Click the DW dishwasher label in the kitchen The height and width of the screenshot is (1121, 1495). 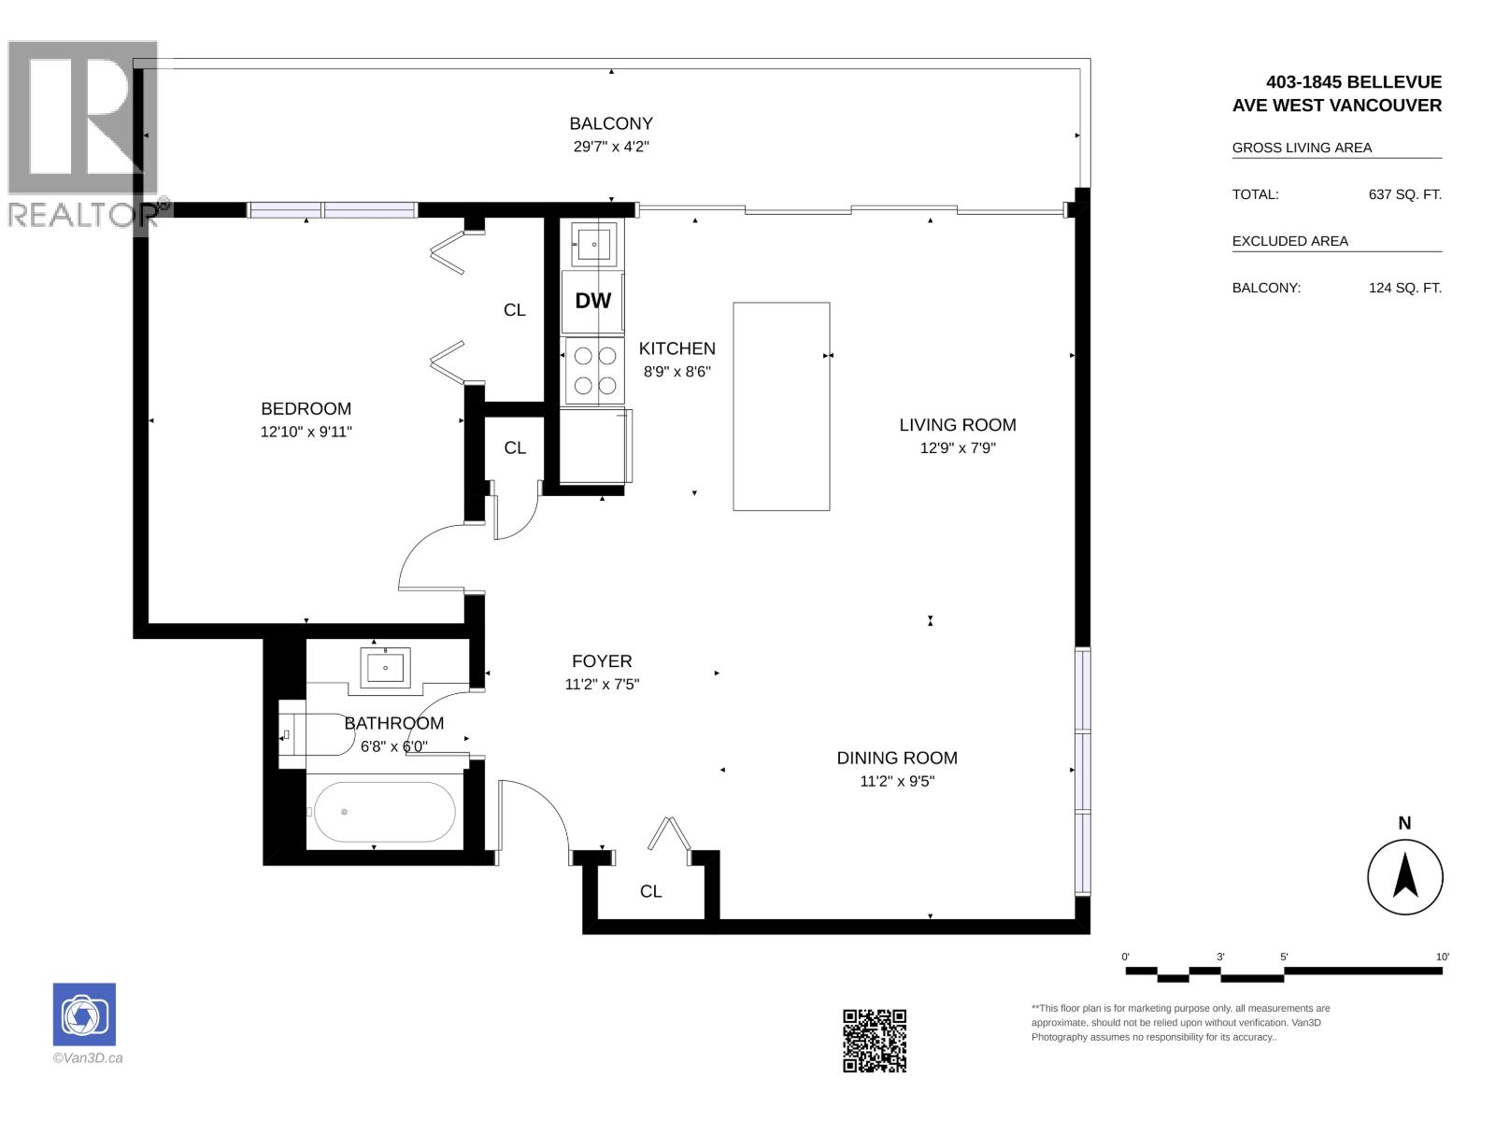click(x=592, y=301)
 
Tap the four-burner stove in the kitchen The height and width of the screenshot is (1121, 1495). click(x=594, y=371)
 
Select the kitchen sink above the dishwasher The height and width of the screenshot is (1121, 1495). click(x=594, y=244)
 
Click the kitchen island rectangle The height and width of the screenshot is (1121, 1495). click(x=781, y=406)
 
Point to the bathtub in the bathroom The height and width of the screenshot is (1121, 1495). click(x=385, y=811)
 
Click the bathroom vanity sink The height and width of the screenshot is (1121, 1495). click(x=386, y=668)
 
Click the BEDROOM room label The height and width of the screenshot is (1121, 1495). click(x=306, y=408)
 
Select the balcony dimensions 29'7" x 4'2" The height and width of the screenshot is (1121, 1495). click(x=611, y=147)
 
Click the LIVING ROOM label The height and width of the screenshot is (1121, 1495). click(x=958, y=425)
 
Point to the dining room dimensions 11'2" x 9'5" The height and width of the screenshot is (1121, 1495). click(x=897, y=781)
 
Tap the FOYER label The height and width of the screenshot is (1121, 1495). click(x=602, y=660)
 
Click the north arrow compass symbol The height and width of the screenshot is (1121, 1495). click(x=1405, y=876)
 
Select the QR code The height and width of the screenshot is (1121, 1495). click(x=875, y=1041)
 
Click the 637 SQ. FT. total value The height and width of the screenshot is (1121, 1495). click(x=1405, y=194)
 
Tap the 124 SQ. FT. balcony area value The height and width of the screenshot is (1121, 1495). click(x=1405, y=288)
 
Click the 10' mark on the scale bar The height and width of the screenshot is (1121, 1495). click(x=1442, y=957)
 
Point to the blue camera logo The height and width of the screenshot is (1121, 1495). click(x=84, y=1015)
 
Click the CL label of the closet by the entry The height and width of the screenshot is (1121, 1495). click(x=650, y=891)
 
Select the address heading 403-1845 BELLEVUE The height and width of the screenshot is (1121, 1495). click(x=1353, y=82)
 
